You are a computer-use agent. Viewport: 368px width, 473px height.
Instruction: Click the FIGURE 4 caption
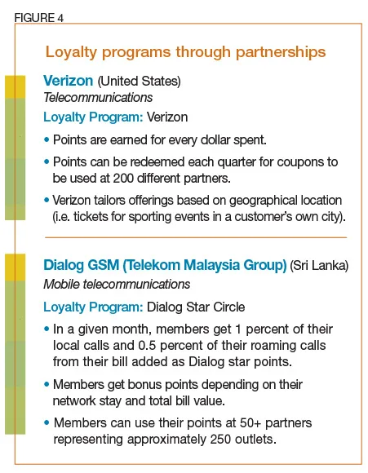pos(38,16)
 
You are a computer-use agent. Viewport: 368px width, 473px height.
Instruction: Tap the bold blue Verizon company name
pos(69,82)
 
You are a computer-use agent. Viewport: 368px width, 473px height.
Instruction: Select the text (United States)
pos(139,82)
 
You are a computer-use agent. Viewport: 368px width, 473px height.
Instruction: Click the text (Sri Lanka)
pos(319,267)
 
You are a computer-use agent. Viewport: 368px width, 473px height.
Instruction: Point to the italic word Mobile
pos(64,284)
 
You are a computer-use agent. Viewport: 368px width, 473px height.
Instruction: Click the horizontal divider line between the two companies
pos(195,237)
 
